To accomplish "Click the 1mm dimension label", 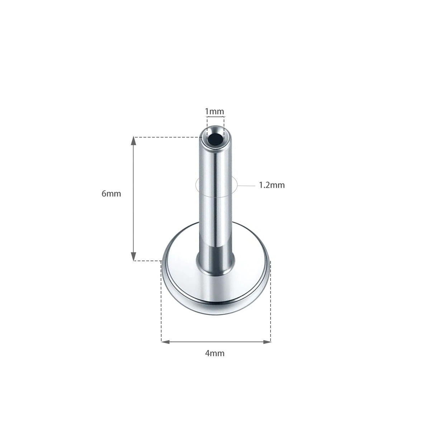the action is click(214, 111).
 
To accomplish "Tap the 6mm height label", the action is click(111, 193).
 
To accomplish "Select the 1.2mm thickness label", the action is click(272, 185).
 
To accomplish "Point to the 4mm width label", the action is click(215, 353).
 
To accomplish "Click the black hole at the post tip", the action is click(215, 140).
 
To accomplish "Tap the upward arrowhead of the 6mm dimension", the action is click(133, 141).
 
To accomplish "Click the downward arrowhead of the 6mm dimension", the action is click(133, 257).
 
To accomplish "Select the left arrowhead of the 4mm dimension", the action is click(165, 341).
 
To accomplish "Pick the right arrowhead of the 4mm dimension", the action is click(267, 341).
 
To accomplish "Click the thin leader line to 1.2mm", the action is click(246, 185).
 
